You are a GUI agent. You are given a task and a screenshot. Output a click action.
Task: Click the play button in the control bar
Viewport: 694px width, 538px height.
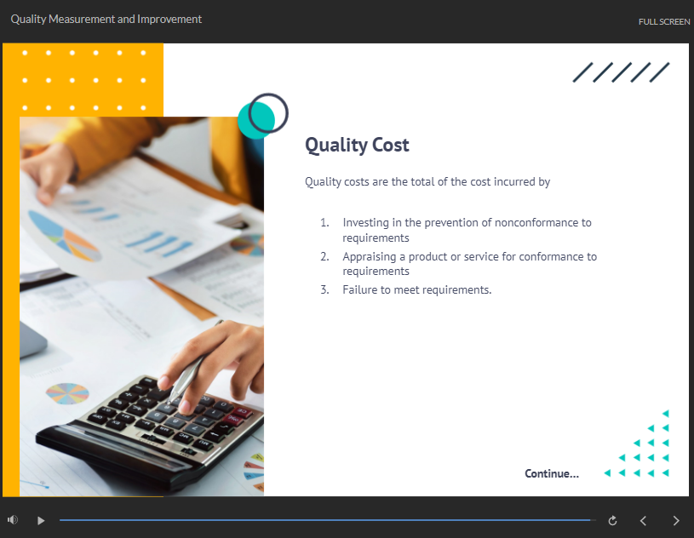pyautogui.click(x=41, y=521)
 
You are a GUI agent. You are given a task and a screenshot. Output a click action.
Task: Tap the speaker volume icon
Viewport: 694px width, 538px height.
pyautogui.click(x=13, y=520)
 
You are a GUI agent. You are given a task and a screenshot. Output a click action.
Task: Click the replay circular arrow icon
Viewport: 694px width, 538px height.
pyautogui.click(x=612, y=521)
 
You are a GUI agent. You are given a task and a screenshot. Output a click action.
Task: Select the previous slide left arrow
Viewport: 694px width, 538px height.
pyautogui.click(x=643, y=521)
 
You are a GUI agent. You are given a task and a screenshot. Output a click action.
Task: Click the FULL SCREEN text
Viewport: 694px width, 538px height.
pyautogui.click(x=664, y=21)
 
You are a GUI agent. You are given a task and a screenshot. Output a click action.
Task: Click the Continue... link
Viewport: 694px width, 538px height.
pyautogui.click(x=552, y=473)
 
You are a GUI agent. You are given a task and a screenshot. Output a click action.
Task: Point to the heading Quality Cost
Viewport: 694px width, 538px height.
pyautogui.click(x=357, y=145)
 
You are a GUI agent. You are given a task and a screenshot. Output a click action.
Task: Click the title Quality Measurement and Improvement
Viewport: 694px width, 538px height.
pyautogui.click(x=106, y=19)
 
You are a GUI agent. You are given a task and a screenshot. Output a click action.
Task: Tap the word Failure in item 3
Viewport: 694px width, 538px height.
pyautogui.click(x=360, y=289)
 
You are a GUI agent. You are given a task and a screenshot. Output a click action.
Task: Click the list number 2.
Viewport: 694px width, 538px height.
pyautogui.click(x=324, y=256)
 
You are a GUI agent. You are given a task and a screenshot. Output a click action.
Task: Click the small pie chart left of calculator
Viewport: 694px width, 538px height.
pyautogui.click(x=67, y=393)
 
